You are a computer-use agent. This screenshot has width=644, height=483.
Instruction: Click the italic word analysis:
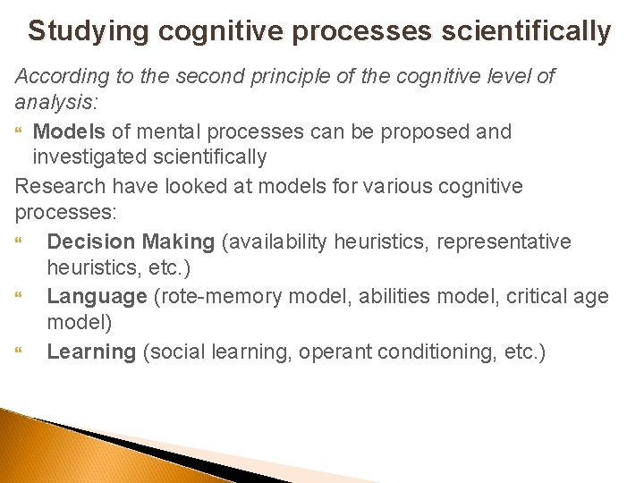tap(52, 104)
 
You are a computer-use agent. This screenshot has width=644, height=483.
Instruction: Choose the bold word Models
tap(69, 131)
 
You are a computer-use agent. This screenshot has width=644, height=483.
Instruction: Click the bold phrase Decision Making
tap(131, 241)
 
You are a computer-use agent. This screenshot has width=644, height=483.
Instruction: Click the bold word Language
tap(97, 297)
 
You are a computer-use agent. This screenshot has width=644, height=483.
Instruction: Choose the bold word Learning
tap(91, 352)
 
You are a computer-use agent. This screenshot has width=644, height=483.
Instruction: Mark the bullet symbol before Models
tap(21, 132)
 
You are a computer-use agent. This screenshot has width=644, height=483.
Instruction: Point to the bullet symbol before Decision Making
tap(21, 242)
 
